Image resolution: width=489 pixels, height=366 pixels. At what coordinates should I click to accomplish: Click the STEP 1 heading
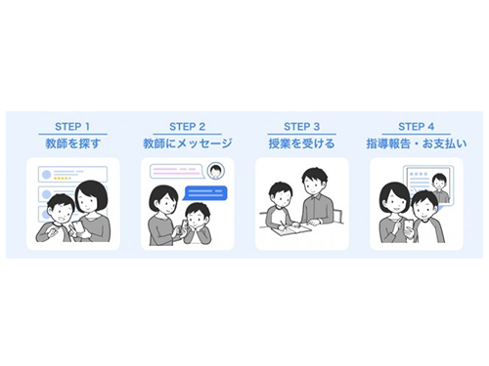point(72,127)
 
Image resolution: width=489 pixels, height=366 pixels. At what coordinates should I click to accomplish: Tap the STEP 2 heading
point(188,127)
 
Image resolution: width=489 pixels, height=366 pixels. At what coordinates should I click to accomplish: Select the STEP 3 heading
point(302,127)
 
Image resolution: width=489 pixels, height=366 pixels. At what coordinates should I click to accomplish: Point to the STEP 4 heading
point(417,127)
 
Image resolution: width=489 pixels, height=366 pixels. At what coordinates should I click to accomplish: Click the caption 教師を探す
point(72,143)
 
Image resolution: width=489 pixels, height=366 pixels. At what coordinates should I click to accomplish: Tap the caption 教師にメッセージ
point(188,143)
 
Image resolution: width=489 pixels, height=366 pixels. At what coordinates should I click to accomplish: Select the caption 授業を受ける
point(302,143)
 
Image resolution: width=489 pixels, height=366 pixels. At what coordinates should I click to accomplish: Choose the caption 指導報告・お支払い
point(417,143)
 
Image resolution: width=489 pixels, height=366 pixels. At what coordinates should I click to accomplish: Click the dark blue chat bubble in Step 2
point(205,193)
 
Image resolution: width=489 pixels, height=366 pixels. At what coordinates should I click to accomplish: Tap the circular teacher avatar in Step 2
point(216,171)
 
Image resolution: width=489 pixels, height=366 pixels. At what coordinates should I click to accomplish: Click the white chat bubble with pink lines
point(177,172)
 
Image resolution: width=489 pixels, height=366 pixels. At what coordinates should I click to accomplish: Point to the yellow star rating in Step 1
point(62,179)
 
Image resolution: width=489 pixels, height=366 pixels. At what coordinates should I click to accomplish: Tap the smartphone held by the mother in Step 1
point(78,226)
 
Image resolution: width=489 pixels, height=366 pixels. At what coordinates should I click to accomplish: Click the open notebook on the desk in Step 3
point(288,229)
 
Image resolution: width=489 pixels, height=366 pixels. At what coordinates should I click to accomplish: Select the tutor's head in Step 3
point(315,182)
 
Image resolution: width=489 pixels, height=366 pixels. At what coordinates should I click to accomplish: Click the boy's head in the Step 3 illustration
point(282,194)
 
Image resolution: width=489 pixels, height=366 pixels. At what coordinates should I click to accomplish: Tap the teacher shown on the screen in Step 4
point(440,188)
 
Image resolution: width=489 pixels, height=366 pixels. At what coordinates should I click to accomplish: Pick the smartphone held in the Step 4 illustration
point(409,226)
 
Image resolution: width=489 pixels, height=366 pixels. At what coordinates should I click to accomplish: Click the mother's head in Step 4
point(394,199)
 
